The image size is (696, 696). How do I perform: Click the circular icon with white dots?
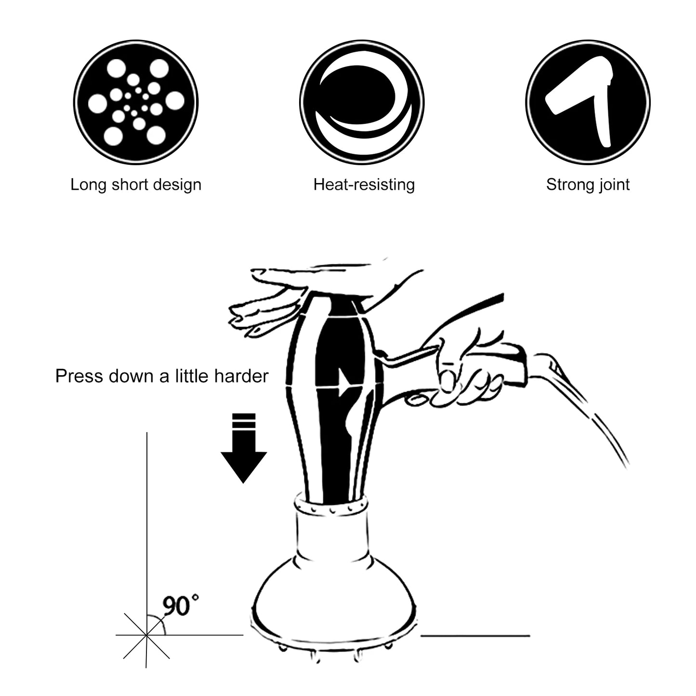136,102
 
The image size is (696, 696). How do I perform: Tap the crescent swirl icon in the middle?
362,102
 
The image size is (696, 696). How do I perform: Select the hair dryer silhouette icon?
588,102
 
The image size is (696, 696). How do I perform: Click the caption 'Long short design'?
136,184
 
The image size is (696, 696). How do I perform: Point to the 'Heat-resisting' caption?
364,184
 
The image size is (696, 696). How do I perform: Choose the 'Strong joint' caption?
588,184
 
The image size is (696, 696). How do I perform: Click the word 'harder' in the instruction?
241,376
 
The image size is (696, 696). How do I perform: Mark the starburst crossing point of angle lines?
146,635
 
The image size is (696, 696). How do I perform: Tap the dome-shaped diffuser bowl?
332,602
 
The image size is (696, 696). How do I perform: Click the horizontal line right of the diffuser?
475,636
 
